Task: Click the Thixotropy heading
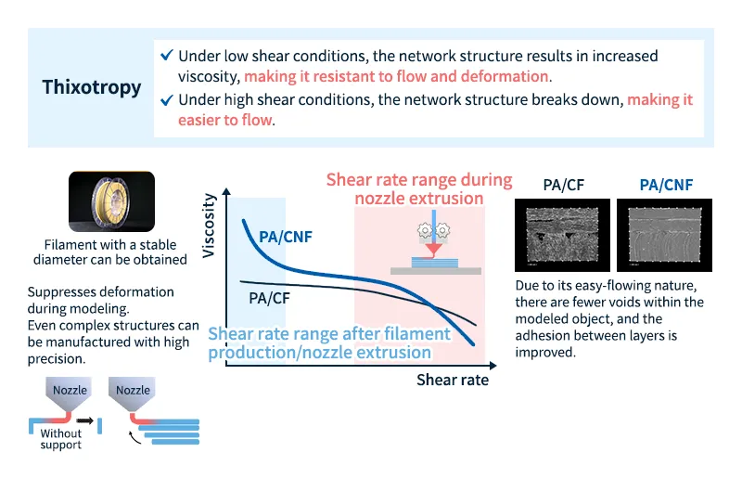92,88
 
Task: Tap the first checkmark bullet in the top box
166,57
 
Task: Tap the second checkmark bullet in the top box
166,100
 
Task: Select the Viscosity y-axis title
209,226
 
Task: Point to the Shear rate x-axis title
452,380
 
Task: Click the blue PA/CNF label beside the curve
286,237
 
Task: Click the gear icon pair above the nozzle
433,228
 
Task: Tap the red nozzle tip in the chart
434,251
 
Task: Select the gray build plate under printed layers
435,271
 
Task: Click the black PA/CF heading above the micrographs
563,185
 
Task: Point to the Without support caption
60,439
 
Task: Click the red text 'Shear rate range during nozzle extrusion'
419,188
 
